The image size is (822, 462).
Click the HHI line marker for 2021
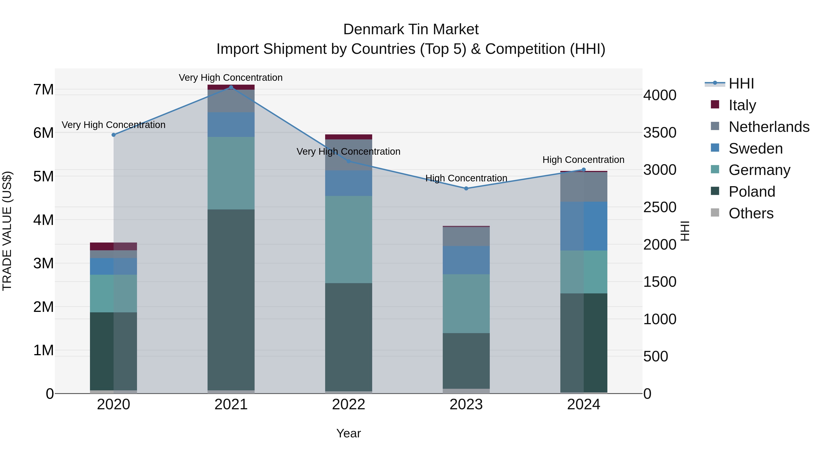(231, 87)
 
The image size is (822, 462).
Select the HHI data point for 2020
(114, 135)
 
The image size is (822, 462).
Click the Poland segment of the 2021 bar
(231, 300)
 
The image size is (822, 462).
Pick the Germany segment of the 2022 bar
(348, 239)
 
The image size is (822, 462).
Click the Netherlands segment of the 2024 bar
(584, 187)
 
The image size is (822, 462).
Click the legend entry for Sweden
(756, 149)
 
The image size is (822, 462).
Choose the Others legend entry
(751, 213)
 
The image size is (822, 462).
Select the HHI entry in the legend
(741, 84)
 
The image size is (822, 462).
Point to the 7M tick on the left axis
(43, 90)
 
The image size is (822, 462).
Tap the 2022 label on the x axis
(348, 405)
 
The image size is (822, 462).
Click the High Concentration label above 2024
(583, 160)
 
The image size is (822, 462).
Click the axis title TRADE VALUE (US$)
(7, 231)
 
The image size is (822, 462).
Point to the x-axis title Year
(348, 433)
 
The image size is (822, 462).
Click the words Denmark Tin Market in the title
(411, 29)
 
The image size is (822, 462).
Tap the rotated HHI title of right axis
(685, 231)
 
